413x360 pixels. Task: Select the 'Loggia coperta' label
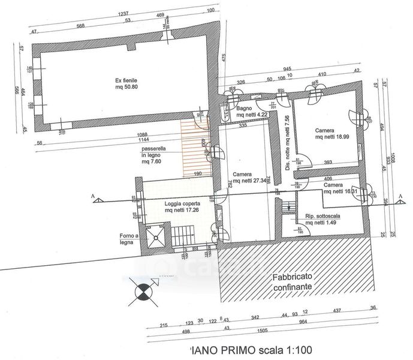point(182,204)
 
